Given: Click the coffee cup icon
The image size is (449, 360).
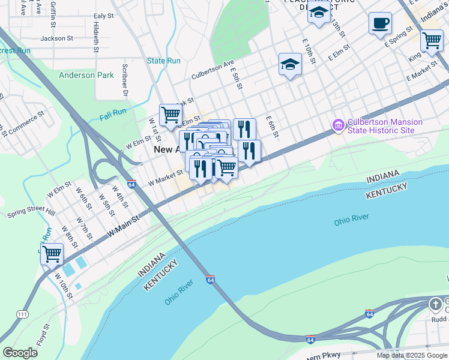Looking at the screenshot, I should [x=380, y=23].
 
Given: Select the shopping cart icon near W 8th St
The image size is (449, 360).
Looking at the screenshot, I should [x=52, y=254].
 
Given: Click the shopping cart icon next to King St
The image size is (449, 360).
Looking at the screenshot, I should [x=432, y=41].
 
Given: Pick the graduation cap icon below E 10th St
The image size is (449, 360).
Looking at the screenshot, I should [x=290, y=65].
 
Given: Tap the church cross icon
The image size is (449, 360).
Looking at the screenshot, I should [x=436, y=305].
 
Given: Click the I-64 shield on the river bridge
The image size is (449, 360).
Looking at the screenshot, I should [x=210, y=280].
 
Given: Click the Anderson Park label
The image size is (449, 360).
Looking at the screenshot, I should [x=86, y=76].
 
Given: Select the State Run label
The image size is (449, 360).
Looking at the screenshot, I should [x=164, y=61].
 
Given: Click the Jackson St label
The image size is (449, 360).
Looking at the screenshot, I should [x=56, y=38].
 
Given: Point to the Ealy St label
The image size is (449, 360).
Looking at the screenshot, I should [x=103, y=16].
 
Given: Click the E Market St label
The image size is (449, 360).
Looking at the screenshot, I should [x=423, y=75].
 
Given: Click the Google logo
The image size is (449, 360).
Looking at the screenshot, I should [x=20, y=353].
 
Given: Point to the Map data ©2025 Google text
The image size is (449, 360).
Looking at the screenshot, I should [x=411, y=355].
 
